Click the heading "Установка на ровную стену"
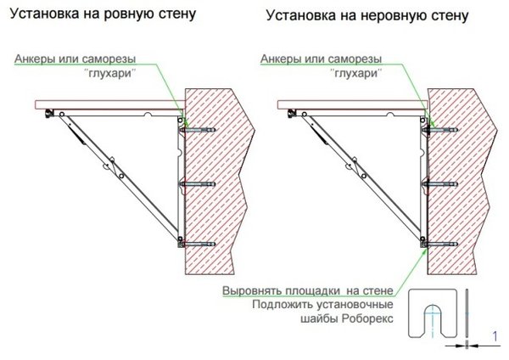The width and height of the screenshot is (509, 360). click(x=103, y=14)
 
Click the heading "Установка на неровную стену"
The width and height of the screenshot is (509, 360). click(x=367, y=15)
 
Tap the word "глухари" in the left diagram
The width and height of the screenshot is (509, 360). click(x=110, y=73)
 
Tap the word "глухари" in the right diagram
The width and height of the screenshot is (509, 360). click(x=356, y=73)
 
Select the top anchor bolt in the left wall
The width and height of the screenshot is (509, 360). click(x=198, y=130)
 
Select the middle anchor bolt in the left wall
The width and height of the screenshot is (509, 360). click(x=198, y=184)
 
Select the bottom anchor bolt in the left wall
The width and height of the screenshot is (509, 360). click(x=197, y=244)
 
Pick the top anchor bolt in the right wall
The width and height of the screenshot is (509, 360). click(x=439, y=130)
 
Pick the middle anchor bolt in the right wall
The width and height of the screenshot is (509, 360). click(x=439, y=184)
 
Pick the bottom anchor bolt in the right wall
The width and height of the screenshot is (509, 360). click(x=439, y=244)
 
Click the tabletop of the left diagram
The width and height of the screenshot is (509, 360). click(x=110, y=104)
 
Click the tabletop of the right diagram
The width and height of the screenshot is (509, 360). click(x=353, y=104)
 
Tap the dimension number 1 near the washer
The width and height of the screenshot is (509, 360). click(x=495, y=336)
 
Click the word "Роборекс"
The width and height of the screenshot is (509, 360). click(x=368, y=318)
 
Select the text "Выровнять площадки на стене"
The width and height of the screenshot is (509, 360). click(x=308, y=290)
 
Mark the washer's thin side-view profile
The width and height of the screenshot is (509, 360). click(x=467, y=314)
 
